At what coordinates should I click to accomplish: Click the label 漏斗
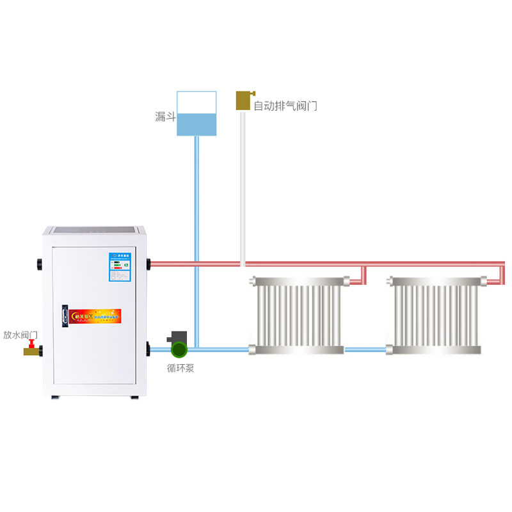tap(165, 116)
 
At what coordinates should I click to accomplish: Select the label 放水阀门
tap(20, 335)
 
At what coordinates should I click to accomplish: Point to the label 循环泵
tap(180, 368)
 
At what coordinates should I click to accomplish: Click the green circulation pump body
tap(179, 349)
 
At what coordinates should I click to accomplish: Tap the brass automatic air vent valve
tap(243, 100)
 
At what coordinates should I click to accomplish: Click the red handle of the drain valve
tap(31, 344)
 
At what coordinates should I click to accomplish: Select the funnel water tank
tap(196, 114)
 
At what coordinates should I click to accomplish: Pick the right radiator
tap(436, 315)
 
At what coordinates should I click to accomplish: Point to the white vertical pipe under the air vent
tap(243, 186)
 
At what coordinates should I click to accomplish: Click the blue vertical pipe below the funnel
tap(196, 243)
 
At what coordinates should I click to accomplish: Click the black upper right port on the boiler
tap(148, 263)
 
